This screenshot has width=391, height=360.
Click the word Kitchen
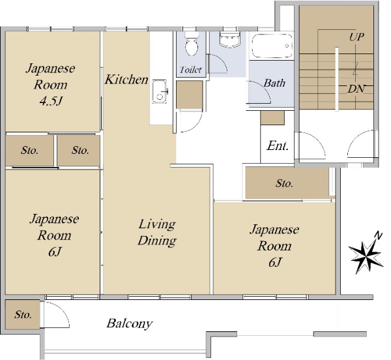tap(127, 80)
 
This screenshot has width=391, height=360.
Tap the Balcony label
tap(130, 323)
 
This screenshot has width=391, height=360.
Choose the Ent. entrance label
tap(278, 145)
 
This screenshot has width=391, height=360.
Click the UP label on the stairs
tap(356, 37)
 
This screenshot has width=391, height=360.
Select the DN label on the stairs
tap(356, 88)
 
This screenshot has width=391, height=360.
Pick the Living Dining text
tap(157, 232)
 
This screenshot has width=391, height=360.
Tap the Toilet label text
tap(190, 70)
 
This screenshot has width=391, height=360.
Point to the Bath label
tap(274, 83)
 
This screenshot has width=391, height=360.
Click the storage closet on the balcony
tap(22, 315)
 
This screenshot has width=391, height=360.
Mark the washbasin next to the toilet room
tap(230, 40)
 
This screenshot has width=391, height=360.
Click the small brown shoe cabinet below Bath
tap(272, 117)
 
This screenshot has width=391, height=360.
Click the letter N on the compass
tap(378, 235)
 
